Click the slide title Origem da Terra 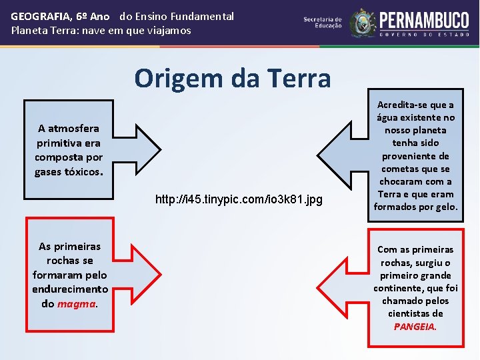tap(232, 79)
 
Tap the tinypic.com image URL tap(239, 199)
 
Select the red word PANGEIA tap(415, 327)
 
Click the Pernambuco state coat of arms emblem tap(363, 23)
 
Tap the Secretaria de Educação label tap(323, 23)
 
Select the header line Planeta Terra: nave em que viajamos tap(101, 31)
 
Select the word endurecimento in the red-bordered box tap(70, 289)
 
